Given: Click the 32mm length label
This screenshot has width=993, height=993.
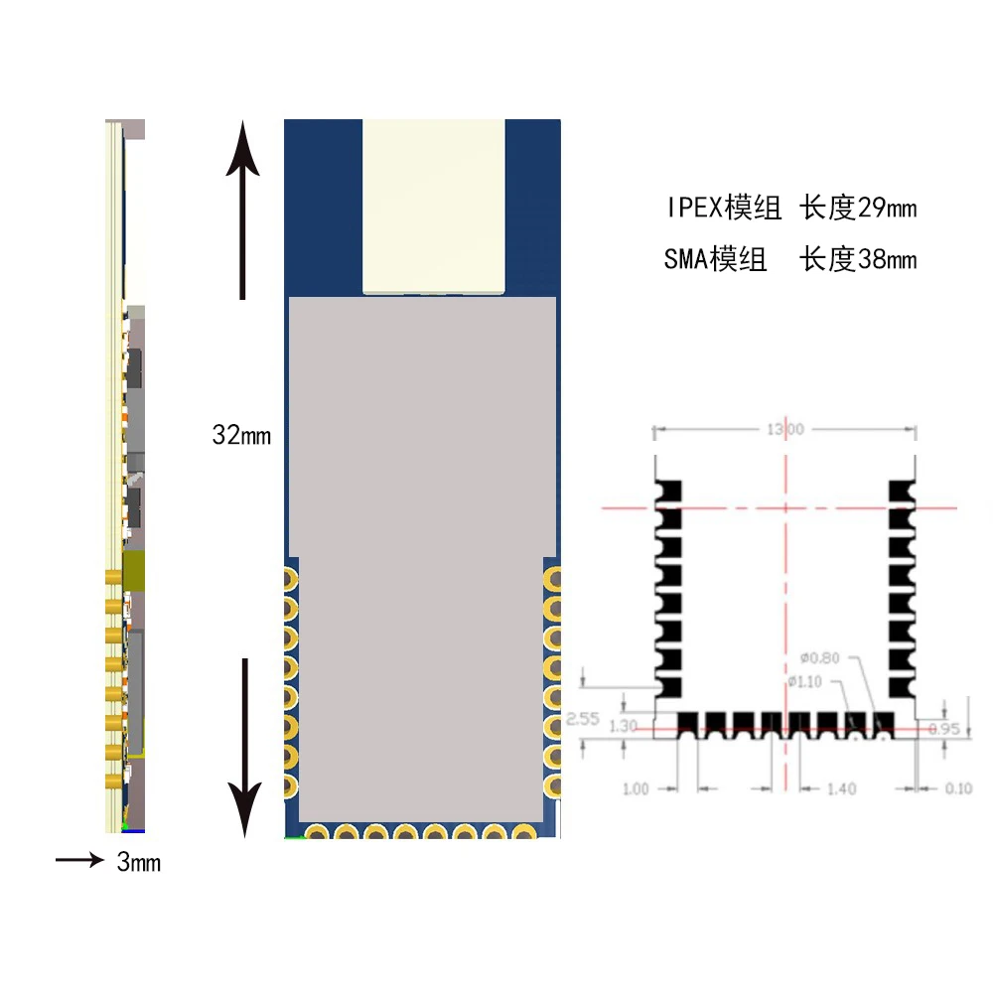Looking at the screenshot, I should (x=241, y=435).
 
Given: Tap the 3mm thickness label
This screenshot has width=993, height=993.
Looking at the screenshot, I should (x=138, y=863).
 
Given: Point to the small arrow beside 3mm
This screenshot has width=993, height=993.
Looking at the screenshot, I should (x=79, y=860).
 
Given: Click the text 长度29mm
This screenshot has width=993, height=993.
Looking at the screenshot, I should (x=859, y=209).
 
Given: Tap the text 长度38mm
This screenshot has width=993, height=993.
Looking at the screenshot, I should (x=859, y=260).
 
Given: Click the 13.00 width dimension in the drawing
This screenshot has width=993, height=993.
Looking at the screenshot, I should (x=784, y=429).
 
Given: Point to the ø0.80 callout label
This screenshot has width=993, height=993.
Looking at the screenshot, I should (x=819, y=657).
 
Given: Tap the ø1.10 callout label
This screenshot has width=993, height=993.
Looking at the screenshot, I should (x=806, y=681).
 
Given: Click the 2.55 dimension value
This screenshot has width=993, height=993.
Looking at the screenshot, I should (x=582, y=720).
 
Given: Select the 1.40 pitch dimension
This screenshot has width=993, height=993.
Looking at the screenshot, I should (x=841, y=788).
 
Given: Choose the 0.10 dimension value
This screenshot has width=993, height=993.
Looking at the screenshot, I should (x=958, y=788).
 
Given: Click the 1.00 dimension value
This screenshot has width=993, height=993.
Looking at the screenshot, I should (x=636, y=788).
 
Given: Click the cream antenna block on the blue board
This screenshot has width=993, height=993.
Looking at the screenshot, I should (x=433, y=206).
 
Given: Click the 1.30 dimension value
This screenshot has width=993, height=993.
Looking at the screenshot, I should (x=623, y=726).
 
